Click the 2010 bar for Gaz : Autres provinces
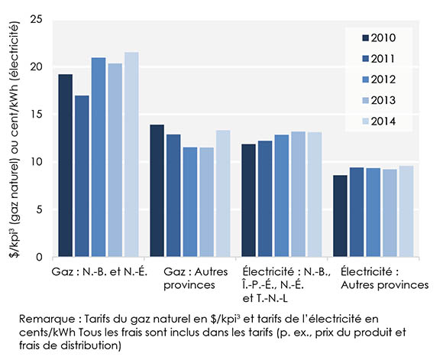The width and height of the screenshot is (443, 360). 157,191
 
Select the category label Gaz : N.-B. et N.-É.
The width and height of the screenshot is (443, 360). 99,272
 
